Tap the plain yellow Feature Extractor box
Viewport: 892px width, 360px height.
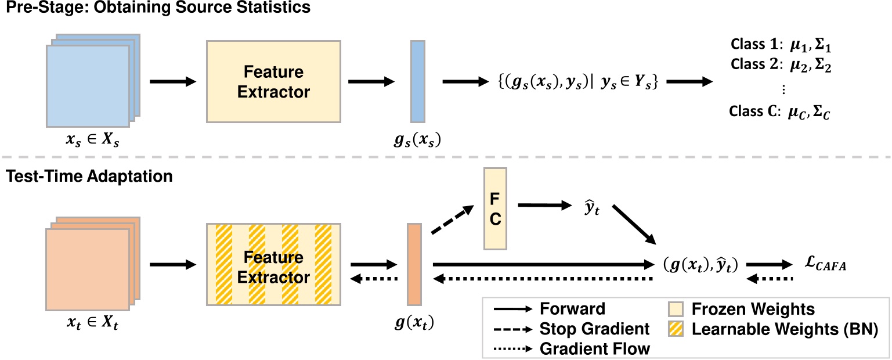[273, 81]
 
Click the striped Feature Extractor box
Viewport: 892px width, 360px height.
[273, 264]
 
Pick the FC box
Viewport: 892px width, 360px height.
[495, 209]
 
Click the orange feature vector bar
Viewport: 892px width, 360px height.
[414, 264]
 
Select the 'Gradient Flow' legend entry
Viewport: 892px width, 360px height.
[593, 349]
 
